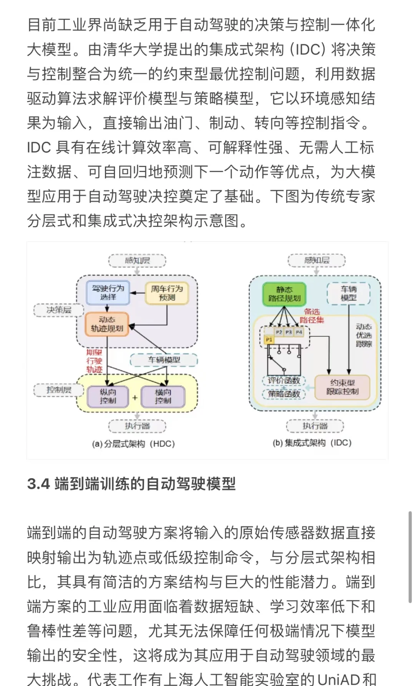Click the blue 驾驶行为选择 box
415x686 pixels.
108,293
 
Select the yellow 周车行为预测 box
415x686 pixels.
167,293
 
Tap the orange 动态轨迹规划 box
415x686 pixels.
107,324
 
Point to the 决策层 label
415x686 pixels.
59,310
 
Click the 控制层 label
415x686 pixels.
59,390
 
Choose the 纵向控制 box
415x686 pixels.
108,396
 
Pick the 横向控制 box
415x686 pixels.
163,396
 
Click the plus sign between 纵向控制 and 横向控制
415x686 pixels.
135,398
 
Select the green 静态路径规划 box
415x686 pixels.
284,294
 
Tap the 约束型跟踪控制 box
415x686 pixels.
342,387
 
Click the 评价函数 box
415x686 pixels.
284,380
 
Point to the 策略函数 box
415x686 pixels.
284,394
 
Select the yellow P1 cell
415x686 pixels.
269,340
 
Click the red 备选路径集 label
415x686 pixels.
312,316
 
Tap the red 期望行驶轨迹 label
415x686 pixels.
94,361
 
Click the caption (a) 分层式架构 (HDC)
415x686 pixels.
133,444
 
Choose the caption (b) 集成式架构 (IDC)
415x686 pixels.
312,443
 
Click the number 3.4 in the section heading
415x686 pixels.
38,484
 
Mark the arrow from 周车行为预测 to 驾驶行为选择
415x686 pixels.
137,293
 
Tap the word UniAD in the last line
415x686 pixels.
339,679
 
